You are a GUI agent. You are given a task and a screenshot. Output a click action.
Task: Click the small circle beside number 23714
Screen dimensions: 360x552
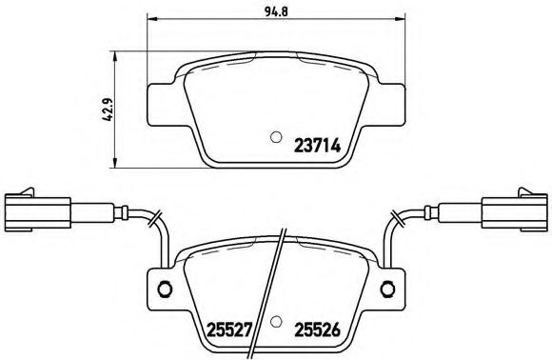pos(276,135)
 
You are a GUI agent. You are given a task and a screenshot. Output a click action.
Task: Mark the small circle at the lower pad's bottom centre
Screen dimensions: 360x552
pos(275,322)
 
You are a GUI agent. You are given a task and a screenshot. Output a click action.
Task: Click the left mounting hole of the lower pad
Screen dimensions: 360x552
pos(163,290)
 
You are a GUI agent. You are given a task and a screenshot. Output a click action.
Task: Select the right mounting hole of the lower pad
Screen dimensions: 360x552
pos(388,290)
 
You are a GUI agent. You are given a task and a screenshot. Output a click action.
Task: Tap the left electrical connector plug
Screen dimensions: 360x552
pos(37,210)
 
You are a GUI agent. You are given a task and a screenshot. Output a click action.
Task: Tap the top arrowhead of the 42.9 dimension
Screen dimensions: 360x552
pos(114,55)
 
